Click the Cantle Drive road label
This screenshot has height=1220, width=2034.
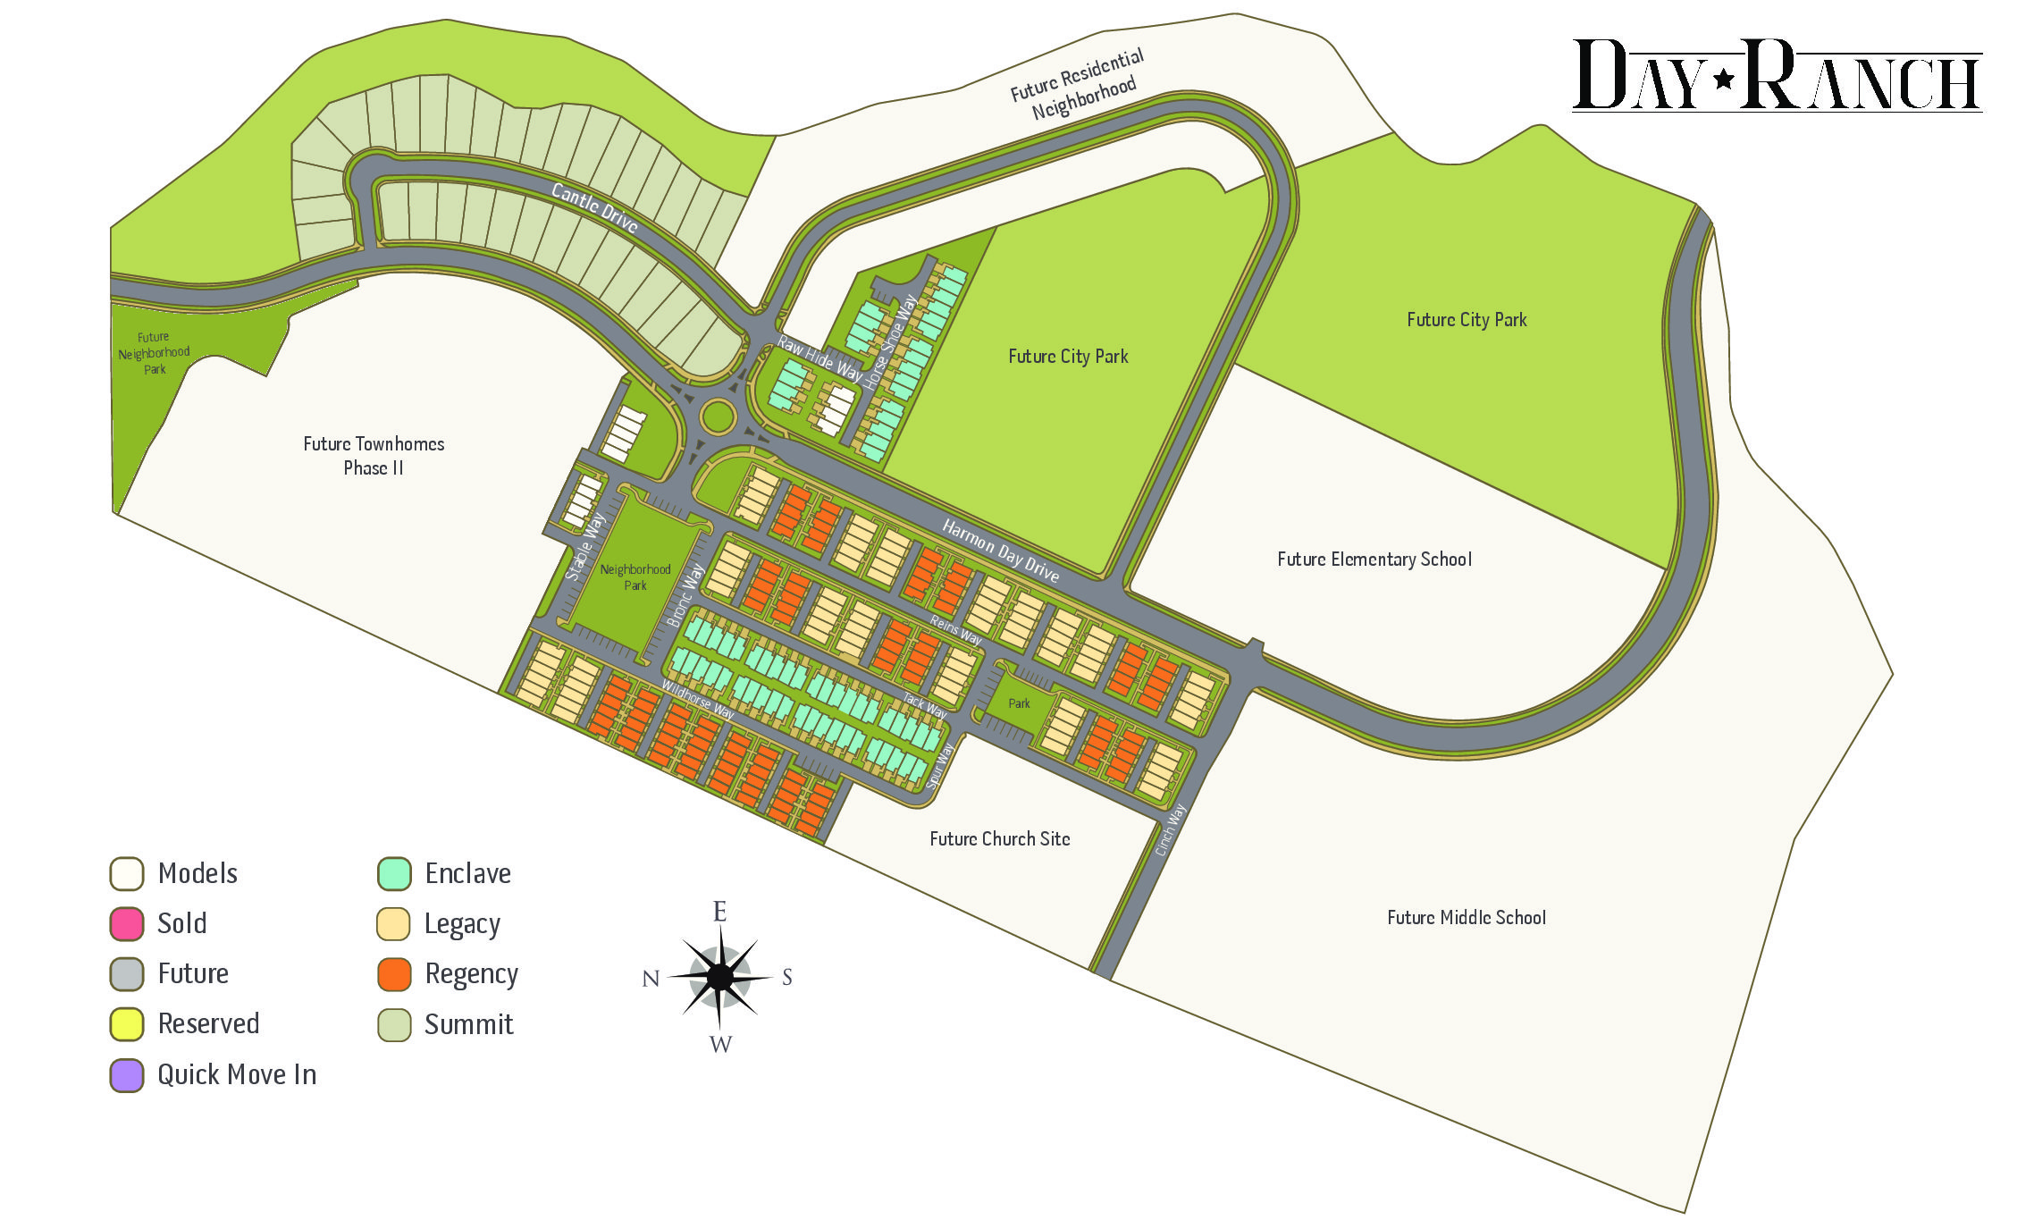[594, 207]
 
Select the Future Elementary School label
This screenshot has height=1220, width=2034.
[1374, 560]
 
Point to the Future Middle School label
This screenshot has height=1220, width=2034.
[1466, 918]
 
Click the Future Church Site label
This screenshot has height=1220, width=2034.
[999, 839]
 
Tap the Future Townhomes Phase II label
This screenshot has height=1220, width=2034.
[374, 456]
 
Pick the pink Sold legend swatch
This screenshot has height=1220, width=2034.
[127, 924]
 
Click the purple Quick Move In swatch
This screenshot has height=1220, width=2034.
[127, 1075]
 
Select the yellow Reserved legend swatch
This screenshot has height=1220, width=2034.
[127, 1024]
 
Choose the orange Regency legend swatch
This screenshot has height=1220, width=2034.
[394, 974]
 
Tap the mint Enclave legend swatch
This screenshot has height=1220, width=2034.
[394, 874]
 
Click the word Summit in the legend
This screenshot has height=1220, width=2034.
[468, 1025]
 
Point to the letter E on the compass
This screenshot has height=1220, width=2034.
[719, 912]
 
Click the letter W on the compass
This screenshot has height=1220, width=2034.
[720, 1044]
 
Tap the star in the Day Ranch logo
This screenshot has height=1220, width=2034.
[1724, 80]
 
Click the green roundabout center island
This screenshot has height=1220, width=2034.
[718, 416]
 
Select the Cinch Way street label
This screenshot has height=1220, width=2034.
[1170, 829]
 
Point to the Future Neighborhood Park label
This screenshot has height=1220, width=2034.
[154, 353]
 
